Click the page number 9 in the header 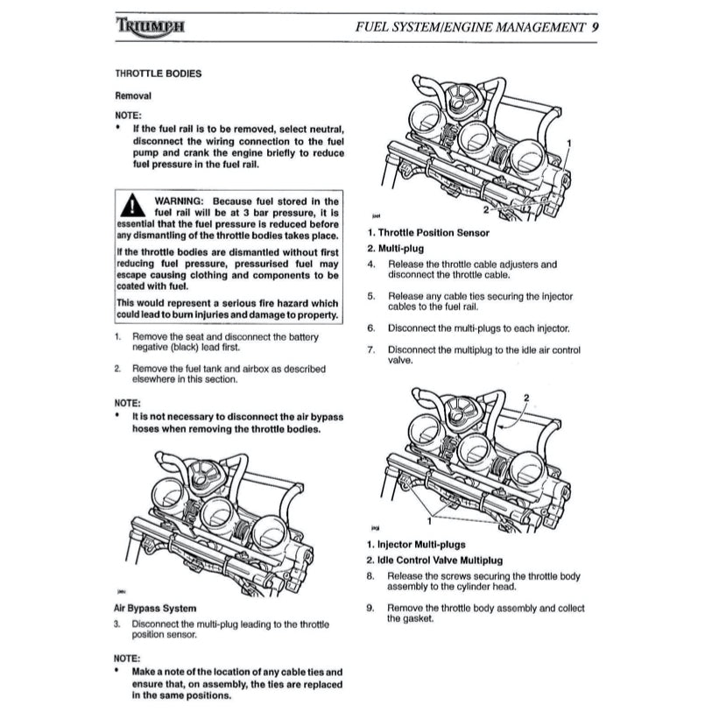595,26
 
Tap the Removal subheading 134,95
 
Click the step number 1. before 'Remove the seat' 118,336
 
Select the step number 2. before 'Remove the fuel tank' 118,369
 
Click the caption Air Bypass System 155,608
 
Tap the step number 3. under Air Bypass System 118,624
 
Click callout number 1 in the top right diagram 570,141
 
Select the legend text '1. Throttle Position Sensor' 440,233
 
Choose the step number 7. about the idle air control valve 370,350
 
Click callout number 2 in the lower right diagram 526,398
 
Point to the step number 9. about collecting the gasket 370,608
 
